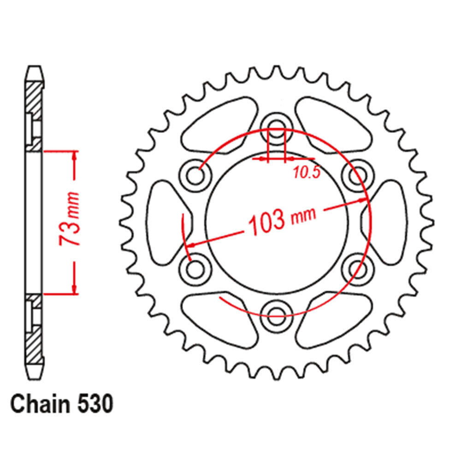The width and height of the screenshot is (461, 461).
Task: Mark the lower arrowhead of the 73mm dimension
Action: click(x=74, y=288)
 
